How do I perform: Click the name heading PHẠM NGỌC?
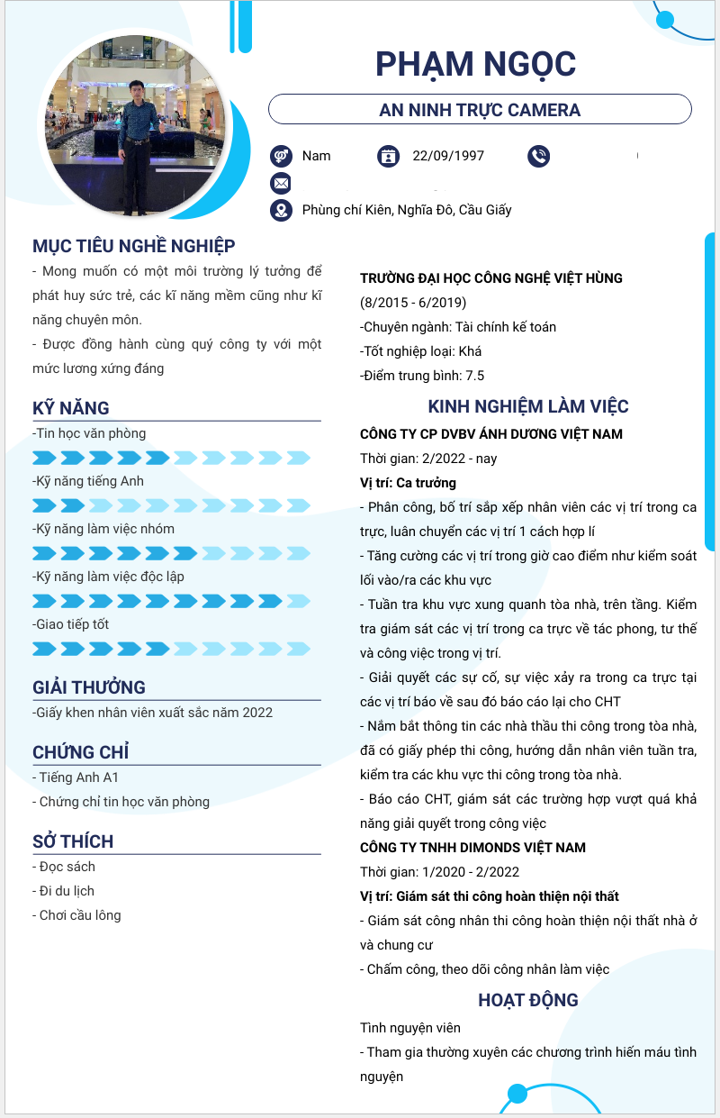coord(475,65)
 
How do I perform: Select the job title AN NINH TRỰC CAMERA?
coord(480,110)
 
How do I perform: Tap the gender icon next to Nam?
coord(281,156)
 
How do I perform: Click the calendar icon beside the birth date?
coord(388,156)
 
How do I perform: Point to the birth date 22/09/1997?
coord(448,156)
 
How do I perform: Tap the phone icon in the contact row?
coord(538,156)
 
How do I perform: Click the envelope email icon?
coord(281,184)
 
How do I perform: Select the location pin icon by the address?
coord(281,210)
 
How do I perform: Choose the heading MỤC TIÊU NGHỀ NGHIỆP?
coord(134,246)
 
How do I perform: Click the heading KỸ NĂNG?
coord(71,408)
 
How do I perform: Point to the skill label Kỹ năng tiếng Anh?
coord(88,481)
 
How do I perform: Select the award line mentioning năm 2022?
coord(153,713)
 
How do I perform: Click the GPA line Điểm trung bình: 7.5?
coord(422,376)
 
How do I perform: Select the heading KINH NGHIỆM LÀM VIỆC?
coord(528,406)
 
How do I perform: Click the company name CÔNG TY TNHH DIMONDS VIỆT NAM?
coord(472,848)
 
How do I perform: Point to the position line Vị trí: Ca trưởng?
coord(408,483)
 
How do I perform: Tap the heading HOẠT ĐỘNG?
coord(528,1000)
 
